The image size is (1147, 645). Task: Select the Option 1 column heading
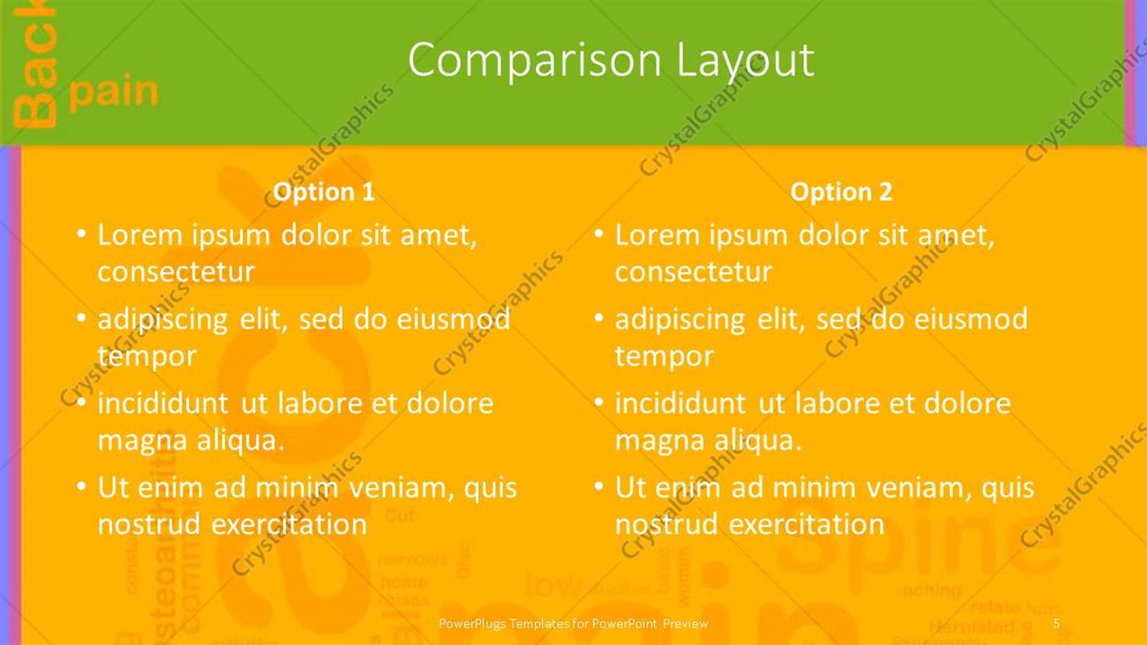point(324,191)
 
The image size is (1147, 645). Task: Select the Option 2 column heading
point(841,191)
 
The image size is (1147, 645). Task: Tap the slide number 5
point(1056,624)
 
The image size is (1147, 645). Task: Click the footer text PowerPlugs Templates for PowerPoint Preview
point(573,624)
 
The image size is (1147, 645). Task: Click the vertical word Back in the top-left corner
point(35,69)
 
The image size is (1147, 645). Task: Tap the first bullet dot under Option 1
point(82,233)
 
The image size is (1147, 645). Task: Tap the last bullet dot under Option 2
point(599,485)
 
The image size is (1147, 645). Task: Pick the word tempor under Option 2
point(664,356)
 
